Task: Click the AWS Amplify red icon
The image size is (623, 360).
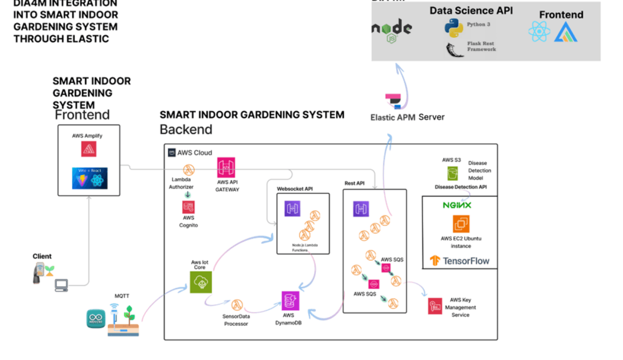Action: point(89,149)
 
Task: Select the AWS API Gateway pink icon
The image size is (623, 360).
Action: point(226,167)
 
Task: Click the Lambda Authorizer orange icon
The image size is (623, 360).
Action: point(189,169)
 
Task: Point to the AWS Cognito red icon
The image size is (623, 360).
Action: point(189,207)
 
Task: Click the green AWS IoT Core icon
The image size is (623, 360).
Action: point(201,282)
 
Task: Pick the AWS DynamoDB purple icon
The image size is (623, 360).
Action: point(290,300)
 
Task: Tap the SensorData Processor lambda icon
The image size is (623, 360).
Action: point(237,305)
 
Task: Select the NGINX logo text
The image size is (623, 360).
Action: point(457,205)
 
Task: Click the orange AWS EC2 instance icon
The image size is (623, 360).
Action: point(461,224)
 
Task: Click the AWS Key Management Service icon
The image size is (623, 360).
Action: point(435,306)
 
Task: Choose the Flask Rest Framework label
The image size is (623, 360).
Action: point(481,46)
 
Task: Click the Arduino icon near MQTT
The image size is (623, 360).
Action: point(95,319)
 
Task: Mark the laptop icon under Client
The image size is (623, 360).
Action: point(62,285)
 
